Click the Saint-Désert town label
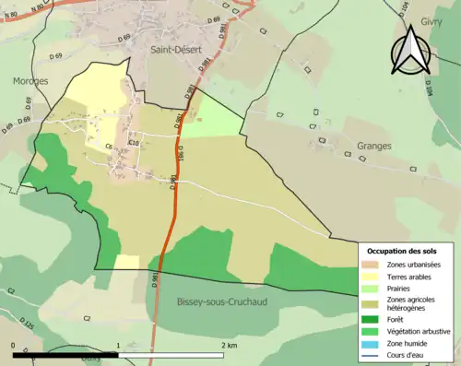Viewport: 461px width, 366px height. tap(171, 52)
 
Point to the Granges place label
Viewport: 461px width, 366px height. tap(373, 146)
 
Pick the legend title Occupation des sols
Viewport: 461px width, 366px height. tap(402, 251)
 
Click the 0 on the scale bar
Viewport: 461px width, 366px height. tap(14, 345)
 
